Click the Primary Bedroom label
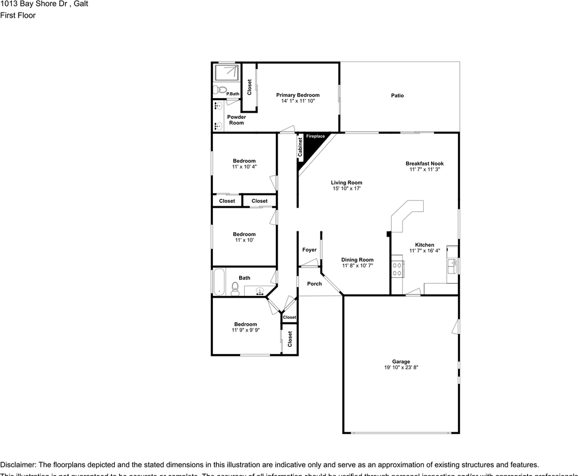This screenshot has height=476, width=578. coord(298,95)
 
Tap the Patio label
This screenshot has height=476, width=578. coord(397,96)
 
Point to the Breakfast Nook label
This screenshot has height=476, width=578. coord(424,164)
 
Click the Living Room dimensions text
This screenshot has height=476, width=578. coord(347,189)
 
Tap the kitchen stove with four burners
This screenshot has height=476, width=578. coord(397,268)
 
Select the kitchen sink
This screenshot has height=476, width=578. coord(451,266)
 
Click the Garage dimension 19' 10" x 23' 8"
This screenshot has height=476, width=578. coord(401,368)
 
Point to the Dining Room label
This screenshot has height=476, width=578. coord(357,260)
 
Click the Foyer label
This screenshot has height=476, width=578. coord(309,250)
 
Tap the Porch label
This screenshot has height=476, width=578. coord(314,284)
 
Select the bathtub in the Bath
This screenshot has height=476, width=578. coord(219,282)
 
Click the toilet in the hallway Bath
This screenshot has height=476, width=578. coord(235,288)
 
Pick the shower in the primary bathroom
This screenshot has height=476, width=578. coord(226,73)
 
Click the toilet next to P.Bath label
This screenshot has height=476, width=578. coord(217,90)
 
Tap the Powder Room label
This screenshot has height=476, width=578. coord(237,120)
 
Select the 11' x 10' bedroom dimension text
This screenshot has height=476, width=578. coord(244,240)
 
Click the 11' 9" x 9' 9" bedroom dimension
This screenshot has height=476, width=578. coord(246,330)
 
